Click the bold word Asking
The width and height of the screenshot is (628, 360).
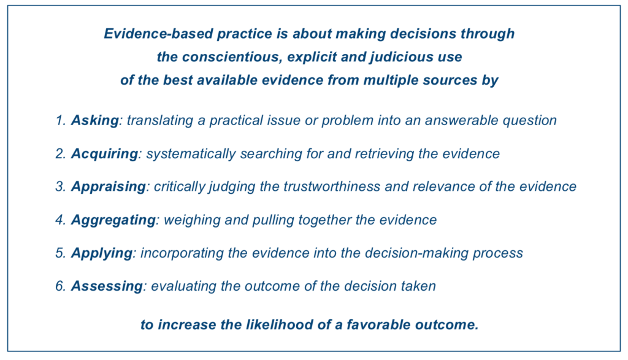tap(95, 121)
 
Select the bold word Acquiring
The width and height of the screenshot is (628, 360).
tap(104, 154)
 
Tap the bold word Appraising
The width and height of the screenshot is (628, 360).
tap(109, 187)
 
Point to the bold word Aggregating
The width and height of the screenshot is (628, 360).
tap(113, 220)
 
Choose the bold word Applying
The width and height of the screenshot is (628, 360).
tap(102, 253)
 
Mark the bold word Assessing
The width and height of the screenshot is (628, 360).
tap(107, 286)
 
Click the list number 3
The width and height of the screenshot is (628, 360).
tap(60, 186)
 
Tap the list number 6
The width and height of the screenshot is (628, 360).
tap(60, 286)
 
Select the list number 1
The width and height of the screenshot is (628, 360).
tap(60, 120)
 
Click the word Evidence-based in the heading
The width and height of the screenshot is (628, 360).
tap(158, 34)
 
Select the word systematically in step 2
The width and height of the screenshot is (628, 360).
tap(191, 154)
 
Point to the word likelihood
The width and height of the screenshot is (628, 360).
tap(280, 324)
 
